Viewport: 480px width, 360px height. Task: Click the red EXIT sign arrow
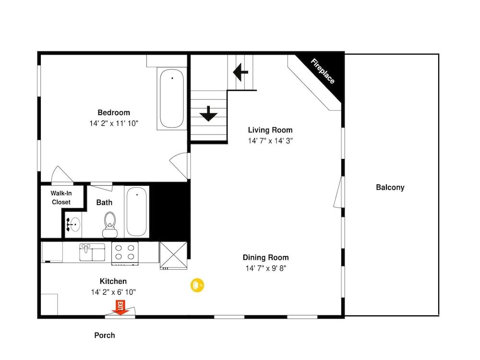[x=120, y=308]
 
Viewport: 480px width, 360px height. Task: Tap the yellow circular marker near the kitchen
[x=197, y=285]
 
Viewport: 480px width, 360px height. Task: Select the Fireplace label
[x=323, y=72]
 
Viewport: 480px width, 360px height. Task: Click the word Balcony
[x=390, y=187]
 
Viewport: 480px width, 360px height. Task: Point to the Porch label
[x=105, y=335]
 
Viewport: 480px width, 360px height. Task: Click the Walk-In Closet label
[x=61, y=197]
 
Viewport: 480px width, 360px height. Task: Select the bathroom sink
[x=73, y=225]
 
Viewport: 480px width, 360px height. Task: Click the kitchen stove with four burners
[x=125, y=253]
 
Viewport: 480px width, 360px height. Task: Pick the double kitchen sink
[x=92, y=252]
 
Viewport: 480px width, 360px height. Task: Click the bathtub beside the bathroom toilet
[x=136, y=212]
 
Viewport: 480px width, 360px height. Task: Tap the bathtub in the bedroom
[x=172, y=98]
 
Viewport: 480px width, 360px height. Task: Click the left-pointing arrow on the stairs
[x=240, y=72]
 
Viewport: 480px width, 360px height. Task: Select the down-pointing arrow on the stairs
[x=208, y=114]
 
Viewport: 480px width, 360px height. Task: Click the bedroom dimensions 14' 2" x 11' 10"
[x=114, y=123]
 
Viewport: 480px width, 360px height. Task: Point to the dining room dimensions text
[x=266, y=268]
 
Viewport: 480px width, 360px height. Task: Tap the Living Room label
[x=270, y=130]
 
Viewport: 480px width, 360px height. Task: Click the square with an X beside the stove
[x=173, y=255]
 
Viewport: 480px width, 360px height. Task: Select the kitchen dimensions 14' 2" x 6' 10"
[x=113, y=292]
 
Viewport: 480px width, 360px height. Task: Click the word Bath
[x=104, y=203]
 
